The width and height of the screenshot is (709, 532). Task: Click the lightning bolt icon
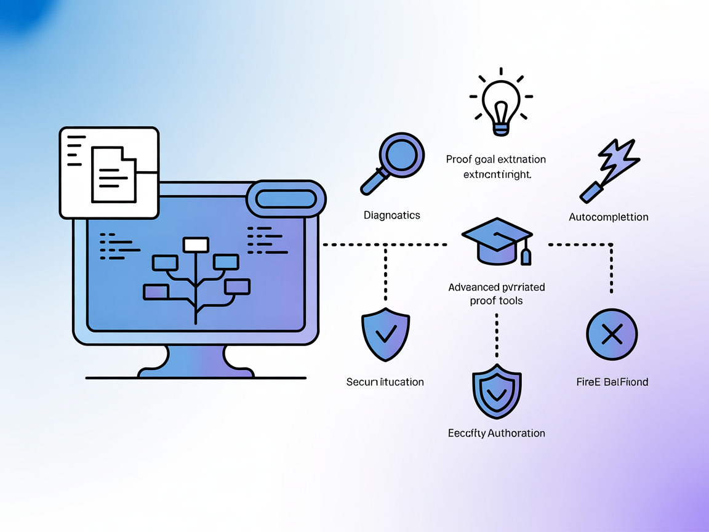pyautogui.click(x=612, y=170)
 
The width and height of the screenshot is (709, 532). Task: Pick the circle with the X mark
pyautogui.click(x=612, y=335)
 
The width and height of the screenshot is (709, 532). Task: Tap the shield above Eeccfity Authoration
pyautogui.click(x=497, y=393)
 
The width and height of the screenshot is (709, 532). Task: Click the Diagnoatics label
pyautogui.click(x=392, y=215)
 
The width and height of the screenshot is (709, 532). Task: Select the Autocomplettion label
pyautogui.click(x=608, y=217)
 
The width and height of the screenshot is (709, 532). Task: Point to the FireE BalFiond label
pyautogui.click(x=612, y=382)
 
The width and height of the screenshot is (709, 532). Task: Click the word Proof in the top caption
pyautogui.click(x=459, y=159)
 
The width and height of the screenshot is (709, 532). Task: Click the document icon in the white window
pyautogui.click(x=113, y=174)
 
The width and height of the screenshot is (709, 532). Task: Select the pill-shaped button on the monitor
pyautogui.click(x=286, y=199)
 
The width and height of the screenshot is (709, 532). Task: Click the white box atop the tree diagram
pyautogui.click(x=196, y=244)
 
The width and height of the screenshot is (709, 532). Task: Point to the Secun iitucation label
pyautogui.click(x=385, y=382)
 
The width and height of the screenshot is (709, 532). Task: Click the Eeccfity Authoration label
pyautogui.click(x=496, y=433)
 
